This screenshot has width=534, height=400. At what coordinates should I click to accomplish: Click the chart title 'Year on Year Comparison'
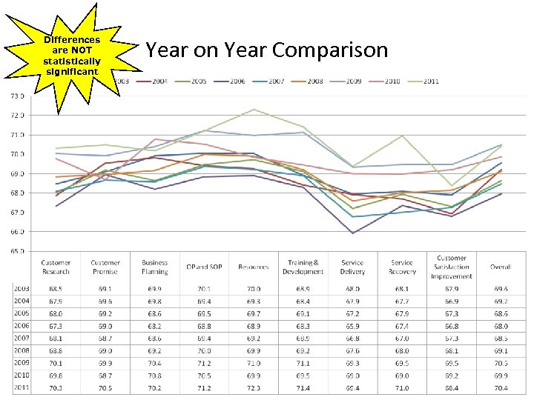pos(267,50)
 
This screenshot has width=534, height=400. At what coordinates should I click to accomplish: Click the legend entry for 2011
pos(428,81)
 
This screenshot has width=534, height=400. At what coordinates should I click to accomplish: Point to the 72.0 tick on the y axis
pos(16,116)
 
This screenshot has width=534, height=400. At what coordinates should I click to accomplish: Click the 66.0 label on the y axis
pos(16,231)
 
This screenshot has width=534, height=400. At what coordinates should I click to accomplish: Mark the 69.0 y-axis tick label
pos(16,173)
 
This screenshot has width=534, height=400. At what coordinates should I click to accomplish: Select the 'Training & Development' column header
pos(303,267)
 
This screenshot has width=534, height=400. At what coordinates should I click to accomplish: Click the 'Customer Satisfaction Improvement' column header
pos(452,267)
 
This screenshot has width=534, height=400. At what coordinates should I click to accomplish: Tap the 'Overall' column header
pos(501,267)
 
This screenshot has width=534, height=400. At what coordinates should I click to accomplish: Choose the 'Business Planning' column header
pos(155,267)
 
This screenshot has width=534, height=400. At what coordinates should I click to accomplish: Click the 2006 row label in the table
pos(22,325)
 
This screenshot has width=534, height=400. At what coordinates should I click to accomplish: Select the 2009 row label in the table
pos(22,363)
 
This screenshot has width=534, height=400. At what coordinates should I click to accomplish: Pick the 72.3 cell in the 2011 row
pos(254,387)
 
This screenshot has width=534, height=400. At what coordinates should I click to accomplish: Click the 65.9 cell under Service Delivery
pos(352,325)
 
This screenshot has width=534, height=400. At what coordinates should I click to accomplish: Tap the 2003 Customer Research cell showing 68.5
pos(56,288)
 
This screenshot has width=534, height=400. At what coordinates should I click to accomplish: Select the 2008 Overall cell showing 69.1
pos(501,350)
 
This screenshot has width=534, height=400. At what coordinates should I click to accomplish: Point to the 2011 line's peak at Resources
pos(254,110)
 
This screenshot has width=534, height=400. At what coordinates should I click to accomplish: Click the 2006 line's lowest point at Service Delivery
pos(352,233)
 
